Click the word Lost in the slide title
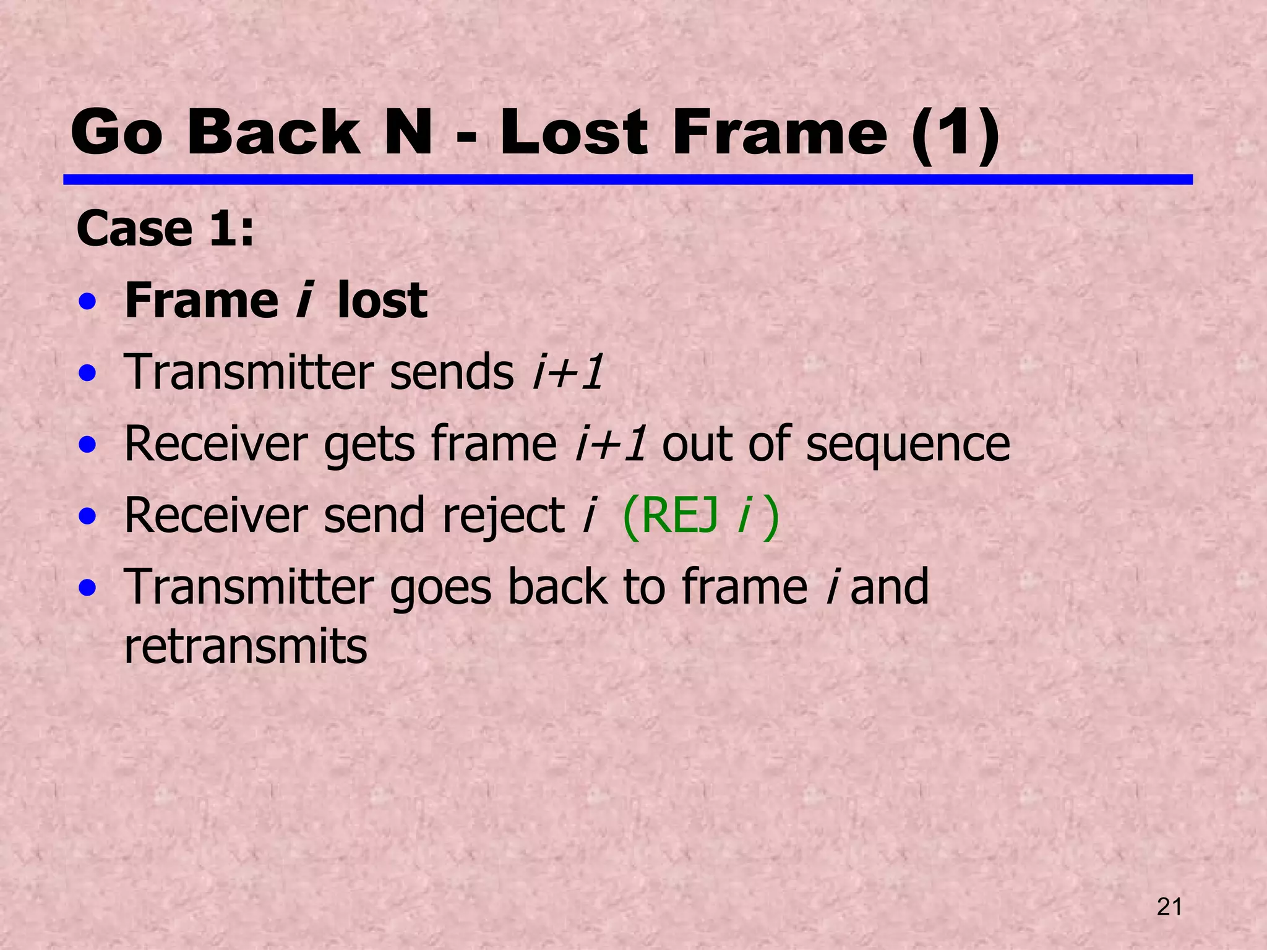tap(573, 132)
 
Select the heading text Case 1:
tap(165, 229)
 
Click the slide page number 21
tap(1169, 907)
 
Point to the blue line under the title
tap(627, 179)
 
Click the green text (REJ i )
tap(701, 516)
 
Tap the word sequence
tap(908, 444)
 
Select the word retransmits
tap(246, 646)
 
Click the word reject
tap(502, 516)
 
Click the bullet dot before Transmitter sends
tap(88, 373)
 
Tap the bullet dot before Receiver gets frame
tap(88, 444)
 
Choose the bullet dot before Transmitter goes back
tap(88, 587)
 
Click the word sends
tap(452, 372)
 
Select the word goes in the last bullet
tap(440, 588)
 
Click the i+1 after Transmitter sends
tap(568, 372)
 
